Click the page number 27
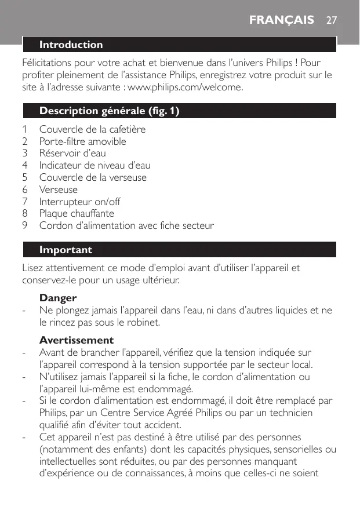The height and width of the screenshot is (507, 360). pos(332,20)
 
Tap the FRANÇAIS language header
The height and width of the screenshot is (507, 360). pos(282,20)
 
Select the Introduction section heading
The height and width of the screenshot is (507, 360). pos(71,45)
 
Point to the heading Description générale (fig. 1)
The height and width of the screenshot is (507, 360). pos(109,111)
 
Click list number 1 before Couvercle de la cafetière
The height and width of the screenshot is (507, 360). pos(25,129)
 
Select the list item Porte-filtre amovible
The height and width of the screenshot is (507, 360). pos(82,141)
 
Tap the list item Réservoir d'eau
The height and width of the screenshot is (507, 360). pos(72,154)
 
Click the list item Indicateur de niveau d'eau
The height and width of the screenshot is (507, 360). pos(94,166)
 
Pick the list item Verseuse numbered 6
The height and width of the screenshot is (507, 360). pos(58,190)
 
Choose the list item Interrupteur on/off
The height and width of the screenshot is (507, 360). pos(79,202)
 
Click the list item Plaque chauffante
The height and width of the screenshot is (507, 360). pos(77,214)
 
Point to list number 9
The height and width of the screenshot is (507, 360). pos(25,226)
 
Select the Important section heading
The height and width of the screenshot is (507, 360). pos(66,250)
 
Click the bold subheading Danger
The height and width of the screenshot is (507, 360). pos(58,298)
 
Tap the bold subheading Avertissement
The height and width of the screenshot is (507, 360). pos(77,340)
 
